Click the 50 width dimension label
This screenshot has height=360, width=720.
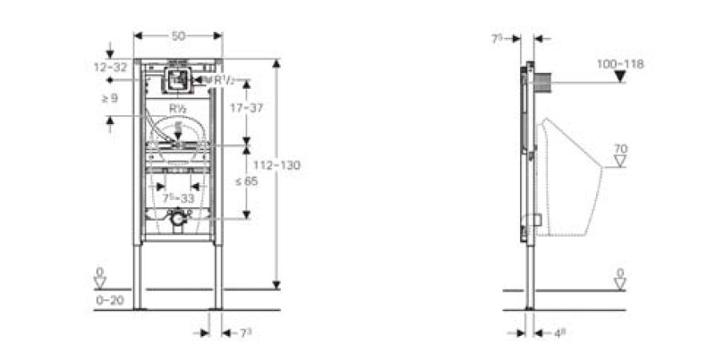tap(178, 36)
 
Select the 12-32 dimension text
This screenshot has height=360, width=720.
tap(110, 68)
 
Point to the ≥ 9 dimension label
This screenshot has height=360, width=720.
tap(110, 99)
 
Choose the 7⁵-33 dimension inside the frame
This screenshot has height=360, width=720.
tap(178, 197)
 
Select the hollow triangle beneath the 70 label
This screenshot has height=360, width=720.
tap(620, 162)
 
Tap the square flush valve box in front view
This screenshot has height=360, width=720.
tap(178, 78)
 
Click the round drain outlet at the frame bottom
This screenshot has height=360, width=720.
tap(178, 217)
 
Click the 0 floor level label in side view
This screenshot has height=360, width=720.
tap(620, 273)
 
